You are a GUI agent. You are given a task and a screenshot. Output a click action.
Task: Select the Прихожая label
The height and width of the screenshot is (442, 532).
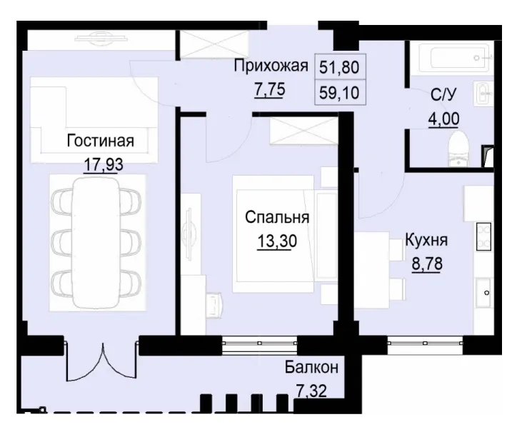point(271,67)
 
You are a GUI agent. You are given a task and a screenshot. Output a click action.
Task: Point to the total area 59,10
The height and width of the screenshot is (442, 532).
point(339,91)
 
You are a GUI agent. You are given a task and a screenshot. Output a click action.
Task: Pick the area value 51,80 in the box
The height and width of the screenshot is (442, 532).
point(339,68)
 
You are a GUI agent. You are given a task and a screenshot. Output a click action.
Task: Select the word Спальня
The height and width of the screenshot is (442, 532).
point(277,217)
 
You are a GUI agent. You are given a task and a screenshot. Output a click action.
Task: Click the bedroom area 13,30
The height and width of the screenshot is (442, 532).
point(277,241)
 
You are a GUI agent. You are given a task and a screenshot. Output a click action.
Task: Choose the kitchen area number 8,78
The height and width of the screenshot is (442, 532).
point(426,263)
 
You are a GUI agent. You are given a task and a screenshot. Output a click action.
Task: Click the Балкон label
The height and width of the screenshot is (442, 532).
point(311,368)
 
